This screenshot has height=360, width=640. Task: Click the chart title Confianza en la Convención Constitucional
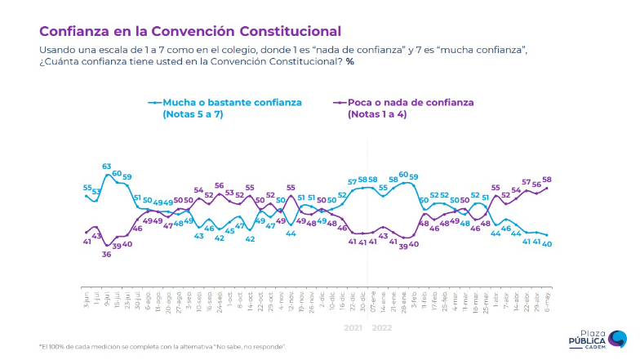pyautogui.click(x=190, y=31)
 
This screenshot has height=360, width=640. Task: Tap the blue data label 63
pyautogui.click(x=107, y=167)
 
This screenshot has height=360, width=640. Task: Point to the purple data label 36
pyautogui.click(x=107, y=255)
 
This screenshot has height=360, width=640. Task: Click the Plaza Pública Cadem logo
pyautogui.click(x=598, y=339)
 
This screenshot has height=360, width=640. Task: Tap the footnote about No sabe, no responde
pyautogui.click(x=163, y=347)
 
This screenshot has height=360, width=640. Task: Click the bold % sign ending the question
pyautogui.click(x=349, y=62)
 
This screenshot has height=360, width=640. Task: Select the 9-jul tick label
pyautogui.click(x=107, y=296)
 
